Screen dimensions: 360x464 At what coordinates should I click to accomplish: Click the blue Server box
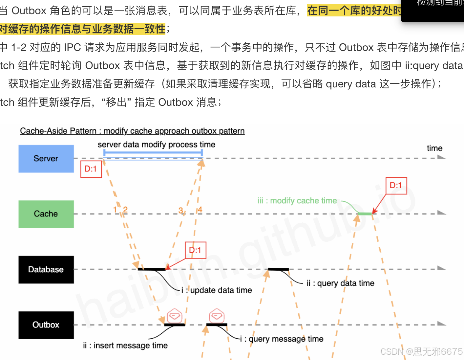pos(46,159)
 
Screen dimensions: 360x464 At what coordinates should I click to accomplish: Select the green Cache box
pos(46,214)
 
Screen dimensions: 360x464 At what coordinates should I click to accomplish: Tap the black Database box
pos(46,270)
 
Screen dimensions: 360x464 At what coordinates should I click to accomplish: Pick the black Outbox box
pos(46,325)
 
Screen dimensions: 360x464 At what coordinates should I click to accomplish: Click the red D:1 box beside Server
pos(91,169)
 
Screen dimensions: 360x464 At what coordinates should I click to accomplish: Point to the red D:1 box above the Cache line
pos(396,186)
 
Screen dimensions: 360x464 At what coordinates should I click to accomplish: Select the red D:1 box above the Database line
pos(195,250)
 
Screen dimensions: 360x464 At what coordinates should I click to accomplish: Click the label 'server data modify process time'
pos(156,145)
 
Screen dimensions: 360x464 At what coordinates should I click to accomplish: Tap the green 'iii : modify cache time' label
pos(297,201)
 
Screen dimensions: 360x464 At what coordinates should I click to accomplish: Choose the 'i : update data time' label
pos(217,290)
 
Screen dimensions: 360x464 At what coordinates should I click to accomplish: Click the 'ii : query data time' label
pos(340,283)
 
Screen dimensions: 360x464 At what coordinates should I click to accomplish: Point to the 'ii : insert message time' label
pos(125,346)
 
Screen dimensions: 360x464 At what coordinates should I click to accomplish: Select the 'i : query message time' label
pos(282,339)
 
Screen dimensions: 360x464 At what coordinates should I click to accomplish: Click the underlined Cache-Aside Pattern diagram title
pos(132,131)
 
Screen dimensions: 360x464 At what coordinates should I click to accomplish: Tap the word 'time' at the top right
pos(434,148)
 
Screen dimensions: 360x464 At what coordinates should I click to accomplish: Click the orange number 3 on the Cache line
pos(180,210)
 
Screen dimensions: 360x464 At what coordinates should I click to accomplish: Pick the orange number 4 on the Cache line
pos(200,210)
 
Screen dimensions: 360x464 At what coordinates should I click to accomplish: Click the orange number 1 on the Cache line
pos(115,210)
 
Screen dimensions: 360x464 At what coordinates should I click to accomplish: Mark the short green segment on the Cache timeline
pos(365,214)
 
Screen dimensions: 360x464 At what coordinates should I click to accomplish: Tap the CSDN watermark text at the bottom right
pos(421,352)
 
